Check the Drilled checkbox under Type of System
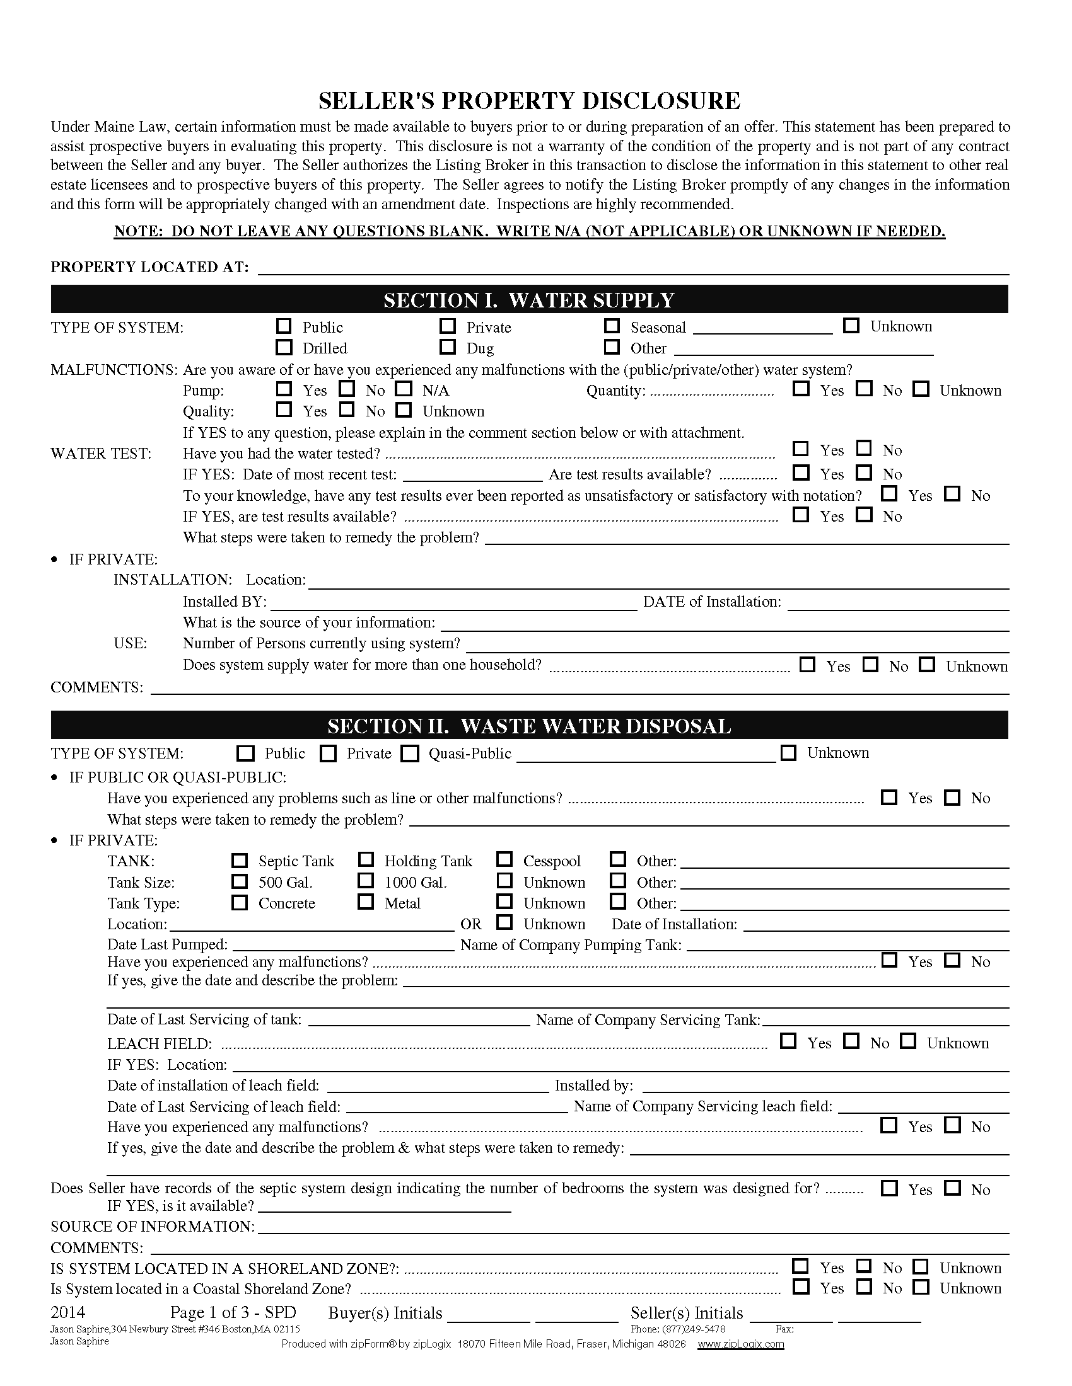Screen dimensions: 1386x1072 click(x=284, y=347)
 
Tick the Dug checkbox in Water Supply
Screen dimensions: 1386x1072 click(x=448, y=347)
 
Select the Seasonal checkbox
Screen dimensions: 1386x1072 click(x=612, y=326)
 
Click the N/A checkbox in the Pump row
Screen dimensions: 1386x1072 click(x=404, y=388)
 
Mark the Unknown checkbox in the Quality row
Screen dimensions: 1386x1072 click(x=404, y=410)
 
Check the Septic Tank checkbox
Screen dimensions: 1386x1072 click(x=240, y=861)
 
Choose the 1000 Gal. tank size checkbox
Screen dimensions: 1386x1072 click(x=366, y=881)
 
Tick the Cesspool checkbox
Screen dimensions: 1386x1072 click(x=504, y=859)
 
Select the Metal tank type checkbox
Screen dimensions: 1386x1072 click(x=366, y=902)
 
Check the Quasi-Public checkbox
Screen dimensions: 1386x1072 click(x=411, y=753)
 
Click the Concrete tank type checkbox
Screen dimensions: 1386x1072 click(x=240, y=902)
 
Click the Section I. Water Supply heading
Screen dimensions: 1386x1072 click(x=529, y=299)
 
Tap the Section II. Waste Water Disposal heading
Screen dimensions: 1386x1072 click(x=529, y=725)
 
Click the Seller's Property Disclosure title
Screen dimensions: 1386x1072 click(x=529, y=101)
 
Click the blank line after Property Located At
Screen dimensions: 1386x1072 click(x=632, y=269)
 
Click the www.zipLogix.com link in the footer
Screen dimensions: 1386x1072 click(x=740, y=1344)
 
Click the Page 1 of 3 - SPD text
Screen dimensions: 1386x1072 click(x=233, y=1312)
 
